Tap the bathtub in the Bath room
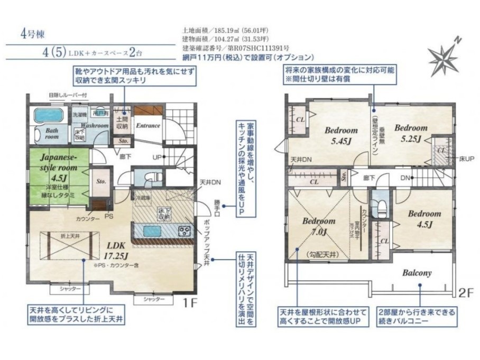[x=48, y=115]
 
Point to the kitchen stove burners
[x=185, y=230]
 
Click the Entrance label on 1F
[x=148, y=126]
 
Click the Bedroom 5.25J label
[x=410, y=133]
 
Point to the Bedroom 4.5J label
[x=424, y=219]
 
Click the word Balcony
[x=417, y=273]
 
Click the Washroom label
[x=95, y=126]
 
